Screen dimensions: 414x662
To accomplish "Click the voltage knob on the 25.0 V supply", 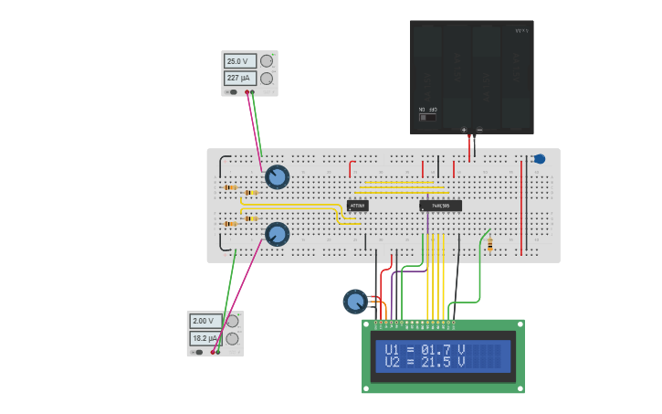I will (267, 61).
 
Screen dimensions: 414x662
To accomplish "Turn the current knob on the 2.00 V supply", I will (232, 339).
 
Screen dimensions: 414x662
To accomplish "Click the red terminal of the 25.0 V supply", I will (247, 92).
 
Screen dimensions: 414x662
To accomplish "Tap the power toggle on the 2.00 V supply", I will (197, 352).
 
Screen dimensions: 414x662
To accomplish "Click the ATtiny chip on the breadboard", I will (357, 206).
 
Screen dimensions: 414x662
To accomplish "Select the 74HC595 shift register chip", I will (440, 206).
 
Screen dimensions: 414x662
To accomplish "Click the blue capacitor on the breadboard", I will (539, 159).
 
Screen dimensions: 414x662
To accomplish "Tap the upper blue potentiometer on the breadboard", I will (277, 177).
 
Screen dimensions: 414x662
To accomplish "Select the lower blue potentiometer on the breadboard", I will (277, 234).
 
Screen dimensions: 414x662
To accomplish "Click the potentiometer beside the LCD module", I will (354, 301).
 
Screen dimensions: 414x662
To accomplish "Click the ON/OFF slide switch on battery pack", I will (426, 117).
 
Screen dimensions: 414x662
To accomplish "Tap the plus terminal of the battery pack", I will (464, 131).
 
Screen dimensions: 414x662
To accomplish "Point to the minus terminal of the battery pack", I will (479, 131).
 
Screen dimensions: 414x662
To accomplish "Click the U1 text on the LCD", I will (392, 350).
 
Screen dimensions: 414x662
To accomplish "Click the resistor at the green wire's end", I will (489, 244).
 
